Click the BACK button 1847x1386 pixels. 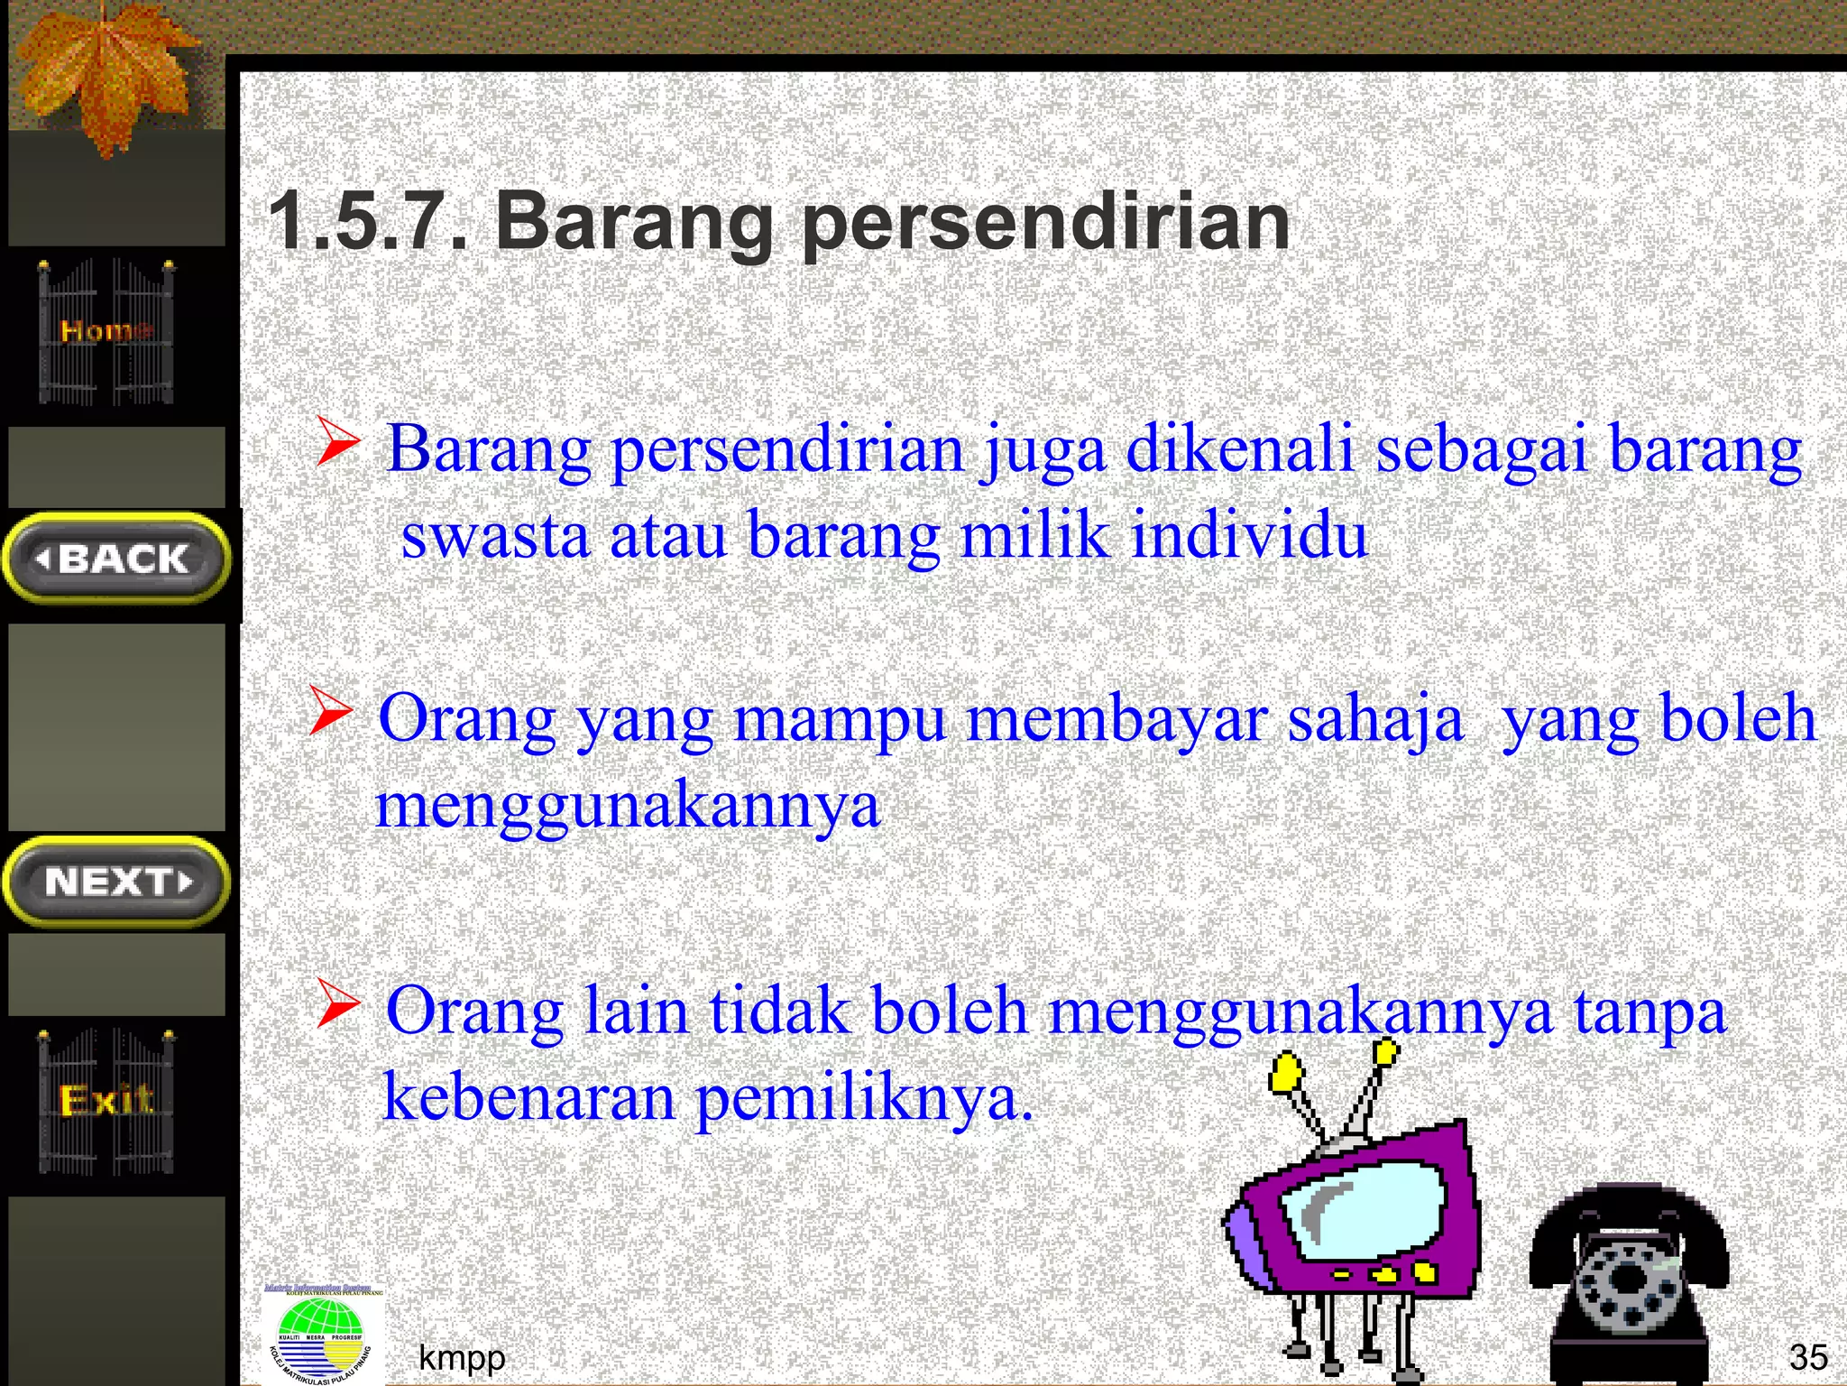[116, 559]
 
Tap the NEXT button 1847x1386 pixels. [116, 882]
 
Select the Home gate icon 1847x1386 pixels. [106, 332]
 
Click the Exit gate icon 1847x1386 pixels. [106, 1101]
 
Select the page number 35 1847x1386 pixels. [1808, 1357]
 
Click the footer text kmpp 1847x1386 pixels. [462, 1357]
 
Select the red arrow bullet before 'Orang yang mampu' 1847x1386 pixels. [329, 711]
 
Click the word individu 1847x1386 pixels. [1249, 535]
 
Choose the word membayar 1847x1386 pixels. [1116, 719]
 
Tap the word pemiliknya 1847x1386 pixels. [864, 1100]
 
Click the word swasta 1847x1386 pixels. [495, 535]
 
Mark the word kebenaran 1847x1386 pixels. [529, 1098]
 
